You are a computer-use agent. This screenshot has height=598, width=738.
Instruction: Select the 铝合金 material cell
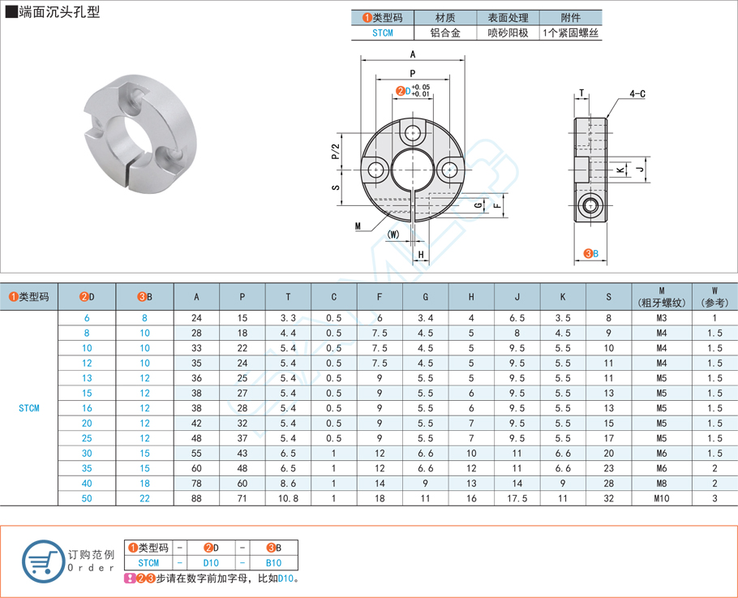pyautogui.click(x=445, y=33)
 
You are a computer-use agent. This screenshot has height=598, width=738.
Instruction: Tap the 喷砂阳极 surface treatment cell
pyautogui.click(x=508, y=33)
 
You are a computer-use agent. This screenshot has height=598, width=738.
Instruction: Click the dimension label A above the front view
pyautogui.click(x=413, y=54)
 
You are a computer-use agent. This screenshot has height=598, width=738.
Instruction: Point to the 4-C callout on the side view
pyautogui.click(x=637, y=94)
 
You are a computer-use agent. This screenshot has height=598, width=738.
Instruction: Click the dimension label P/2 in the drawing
pyautogui.click(x=336, y=152)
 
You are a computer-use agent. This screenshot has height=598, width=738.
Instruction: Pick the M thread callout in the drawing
pyautogui.click(x=357, y=226)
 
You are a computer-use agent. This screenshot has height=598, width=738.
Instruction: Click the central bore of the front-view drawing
pyautogui.click(x=413, y=171)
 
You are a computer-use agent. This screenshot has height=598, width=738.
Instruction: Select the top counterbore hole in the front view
pyautogui.click(x=414, y=132)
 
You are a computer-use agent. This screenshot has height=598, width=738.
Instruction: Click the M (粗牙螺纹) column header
pyautogui.click(x=661, y=296)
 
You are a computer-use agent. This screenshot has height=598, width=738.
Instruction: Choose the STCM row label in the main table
pyautogui.click(x=29, y=408)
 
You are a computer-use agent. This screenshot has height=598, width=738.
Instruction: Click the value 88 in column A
pyautogui.click(x=196, y=497)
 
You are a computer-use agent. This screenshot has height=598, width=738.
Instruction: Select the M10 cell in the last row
pyautogui.click(x=661, y=497)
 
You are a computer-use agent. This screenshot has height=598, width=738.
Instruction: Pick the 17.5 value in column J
pyautogui.click(x=517, y=497)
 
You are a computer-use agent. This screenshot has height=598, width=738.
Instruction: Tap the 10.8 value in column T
pyautogui.click(x=288, y=497)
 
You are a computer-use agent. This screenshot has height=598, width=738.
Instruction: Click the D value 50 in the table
pyautogui.click(x=87, y=497)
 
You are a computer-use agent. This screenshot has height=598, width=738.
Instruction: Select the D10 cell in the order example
pyautogui.click(x=211, y=562)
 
